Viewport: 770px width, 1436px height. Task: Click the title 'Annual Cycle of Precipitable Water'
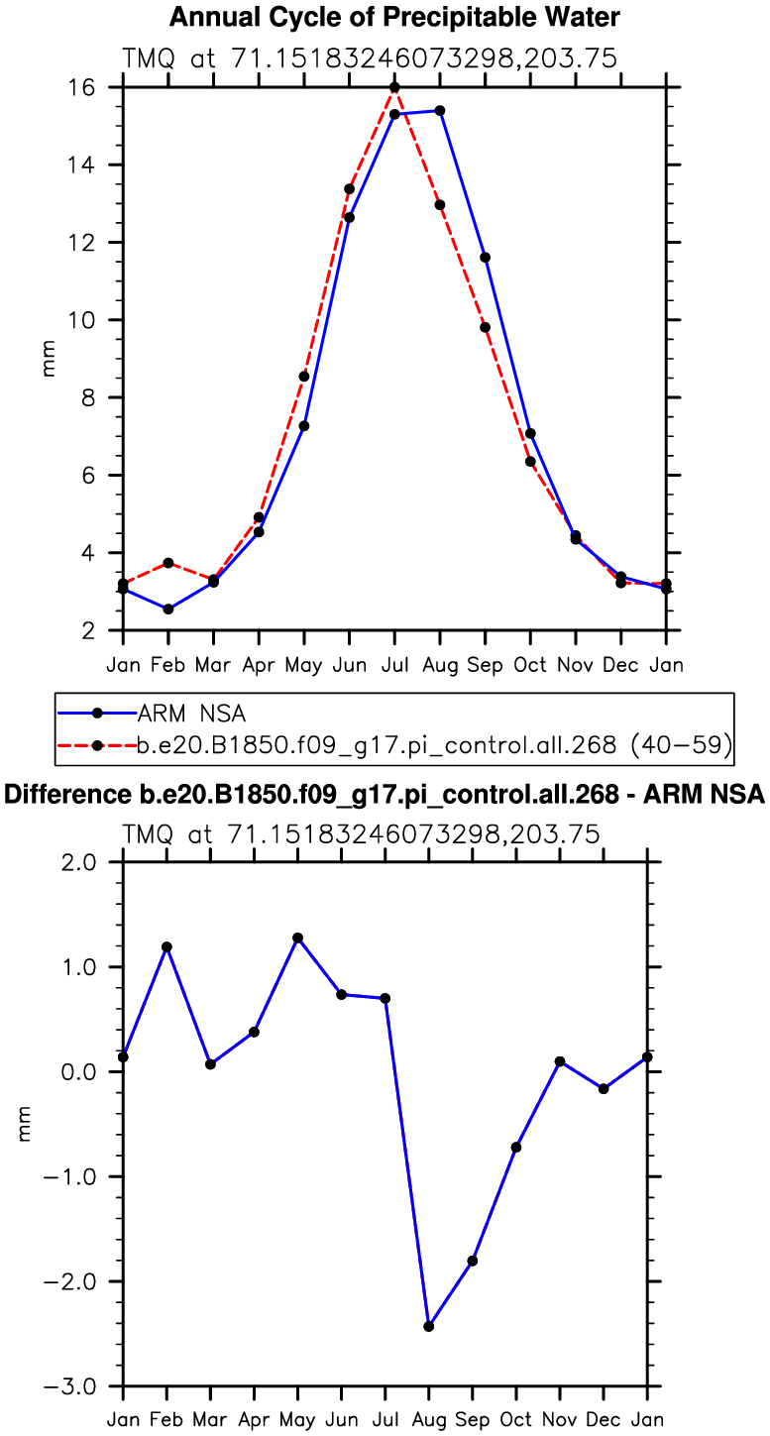tap(395, 17)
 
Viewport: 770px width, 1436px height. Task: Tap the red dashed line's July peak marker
tap(394, 87)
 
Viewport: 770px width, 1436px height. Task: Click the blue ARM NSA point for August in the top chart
tap(440, 110)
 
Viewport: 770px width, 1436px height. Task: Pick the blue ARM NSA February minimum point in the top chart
tap(168, 608)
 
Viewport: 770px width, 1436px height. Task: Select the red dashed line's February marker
tap(168, 563)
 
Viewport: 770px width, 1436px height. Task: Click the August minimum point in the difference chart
tap(429, 1326)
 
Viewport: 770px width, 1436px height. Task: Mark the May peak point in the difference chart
tap(298, 938)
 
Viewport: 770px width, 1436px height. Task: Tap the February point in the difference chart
tap(166, 946)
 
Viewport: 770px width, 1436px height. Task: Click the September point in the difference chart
tap(473, 1261)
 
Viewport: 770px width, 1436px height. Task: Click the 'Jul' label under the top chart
tap(394, 664)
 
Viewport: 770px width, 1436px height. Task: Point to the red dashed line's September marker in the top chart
tap(486, 327)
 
